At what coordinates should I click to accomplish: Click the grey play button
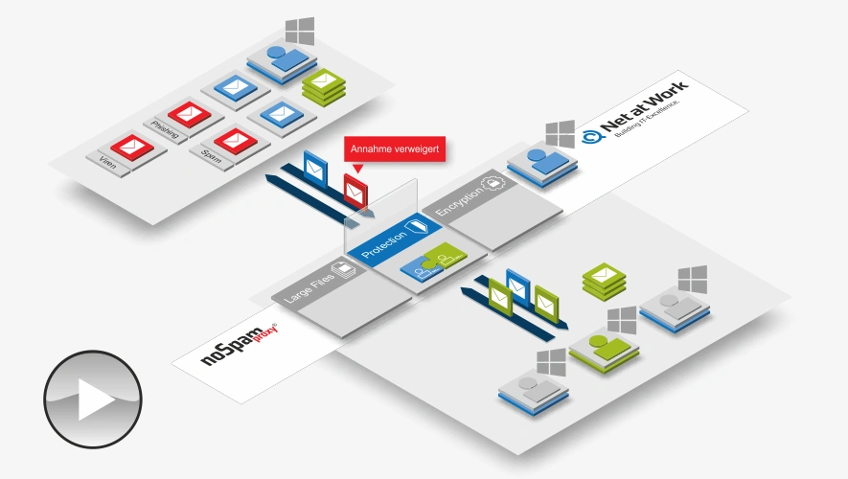pyautogui.click(x=93, y=399)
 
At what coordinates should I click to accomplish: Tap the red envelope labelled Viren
pyautogui.click(x=131, y=148)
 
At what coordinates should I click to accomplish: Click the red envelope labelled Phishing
pyautogui.click(x=182, y=116)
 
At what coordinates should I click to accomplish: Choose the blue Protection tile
pyautogui.click(x=395, y=237)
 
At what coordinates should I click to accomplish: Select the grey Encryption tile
pyautogui.click(x=470, y=195)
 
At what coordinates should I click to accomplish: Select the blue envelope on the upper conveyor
pyautogui.click(x=314, y=167)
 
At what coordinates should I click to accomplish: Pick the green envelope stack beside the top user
pyautogui.click(x=324, y=87)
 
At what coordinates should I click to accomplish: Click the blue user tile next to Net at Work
pyautogui.click(x=539, y=161)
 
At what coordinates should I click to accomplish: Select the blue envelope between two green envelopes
pyautogui.click(x=518, y=284)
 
